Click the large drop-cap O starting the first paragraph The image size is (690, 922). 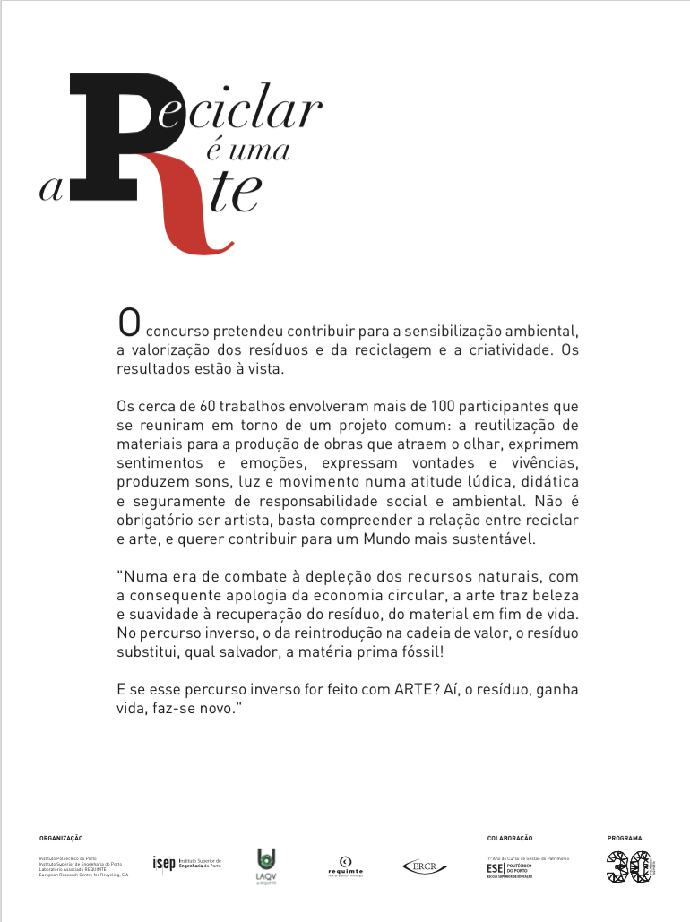click(129, 321)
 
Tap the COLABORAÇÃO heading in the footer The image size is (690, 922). click(510, 838)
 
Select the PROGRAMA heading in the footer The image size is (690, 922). click(625, 838)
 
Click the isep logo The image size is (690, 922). click(186, 864)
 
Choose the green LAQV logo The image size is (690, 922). click(266, 865)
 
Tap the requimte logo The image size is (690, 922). click(345, 866)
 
